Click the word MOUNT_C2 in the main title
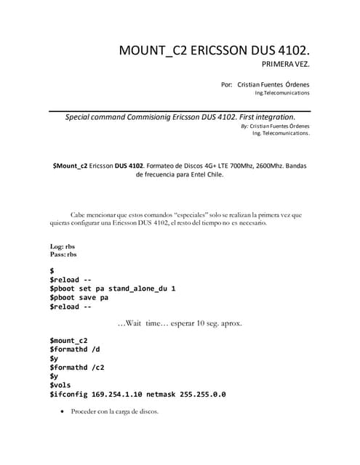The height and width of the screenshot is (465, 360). pos(150,52)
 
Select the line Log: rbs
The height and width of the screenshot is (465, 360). pos(62,246)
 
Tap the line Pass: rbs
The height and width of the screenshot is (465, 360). pos(63,255)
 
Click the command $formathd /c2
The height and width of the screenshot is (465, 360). pos(79,368)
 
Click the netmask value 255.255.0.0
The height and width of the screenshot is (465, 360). pos(203,395)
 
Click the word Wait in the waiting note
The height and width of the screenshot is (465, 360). pos(133,323)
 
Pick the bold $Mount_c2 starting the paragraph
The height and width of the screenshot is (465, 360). pos(71,166)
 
